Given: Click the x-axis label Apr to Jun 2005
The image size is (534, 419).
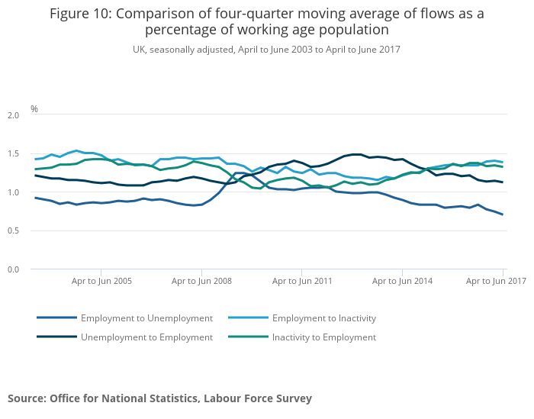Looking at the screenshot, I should pyautogui.click(x=102, y=281).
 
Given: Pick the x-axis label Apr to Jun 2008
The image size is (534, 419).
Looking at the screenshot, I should pyautogui.click(x=201, y=281).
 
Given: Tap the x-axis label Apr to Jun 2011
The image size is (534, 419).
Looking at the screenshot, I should pyautogui.click(x=302, y=281).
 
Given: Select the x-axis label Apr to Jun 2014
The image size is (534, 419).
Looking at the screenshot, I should pyautogui.click(x=402, y=281).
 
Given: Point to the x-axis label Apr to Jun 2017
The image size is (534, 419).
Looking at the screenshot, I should pyautogui.click(x=496, y=281).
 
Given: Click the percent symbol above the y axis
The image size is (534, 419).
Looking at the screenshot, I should pyautogui.click(x=34, y=109).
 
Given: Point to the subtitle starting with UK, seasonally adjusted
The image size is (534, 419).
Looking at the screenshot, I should pyautogui.click(x=267, y=49).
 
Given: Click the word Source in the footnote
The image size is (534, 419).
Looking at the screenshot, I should pyautogui.click(x=26, y=398).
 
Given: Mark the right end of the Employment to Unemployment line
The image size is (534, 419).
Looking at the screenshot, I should pyautogui.click(x=503, y=214).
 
